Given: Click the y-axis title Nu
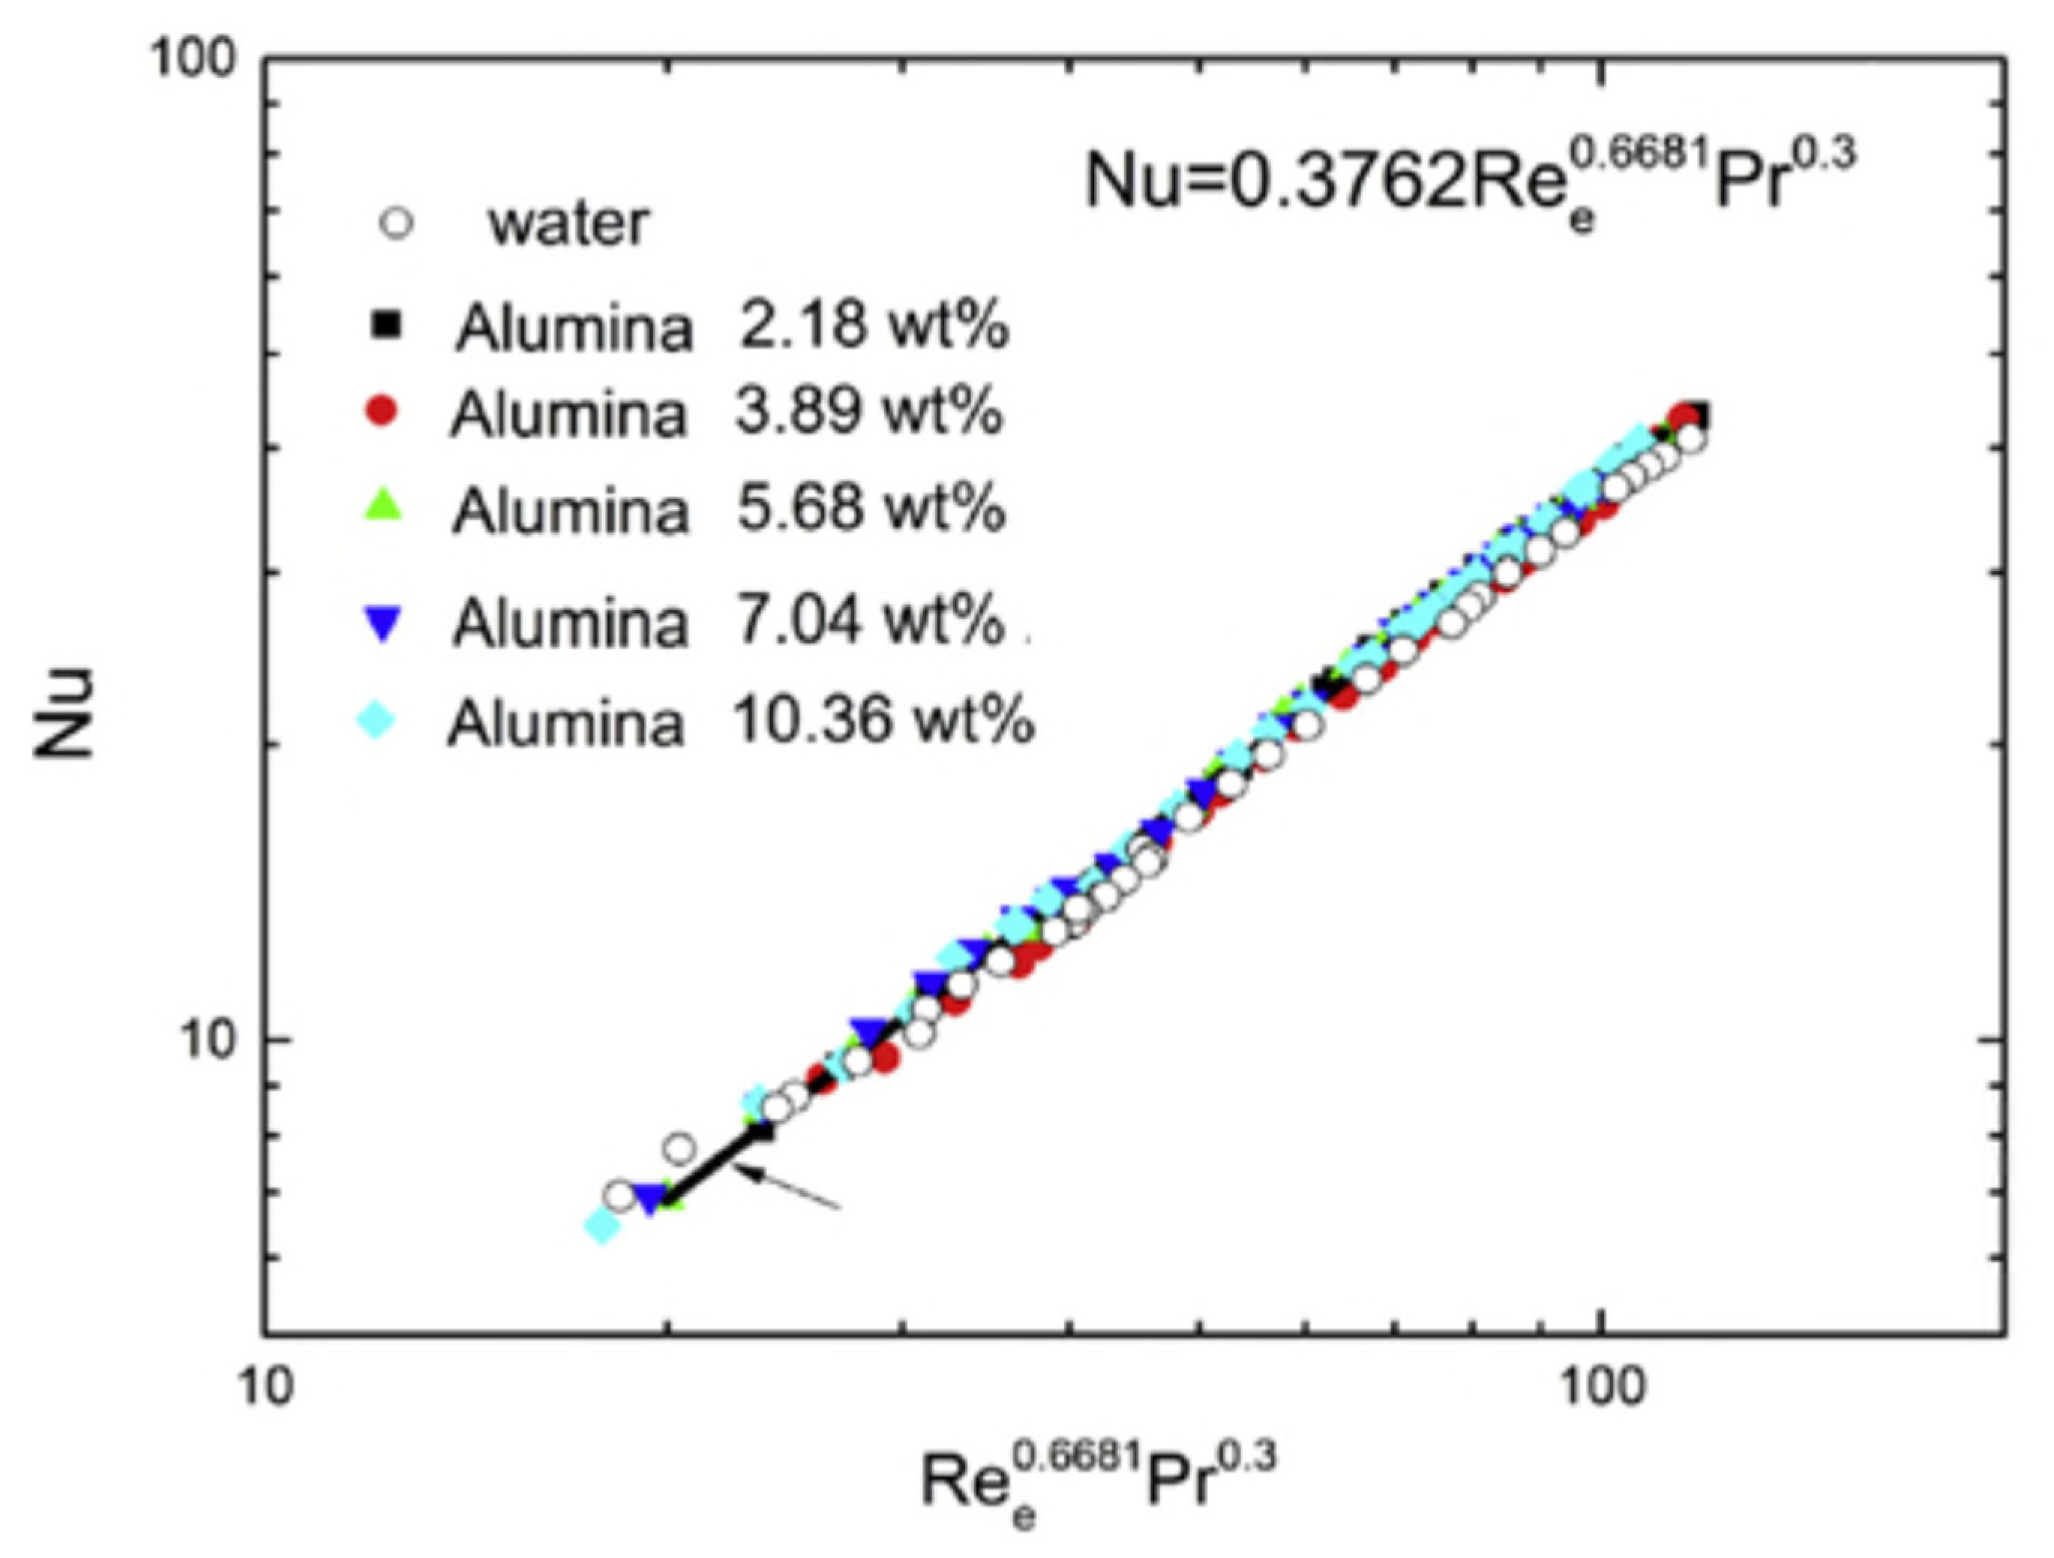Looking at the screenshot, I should tap(65, 713).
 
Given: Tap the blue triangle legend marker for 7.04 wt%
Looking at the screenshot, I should tap(382, 622).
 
